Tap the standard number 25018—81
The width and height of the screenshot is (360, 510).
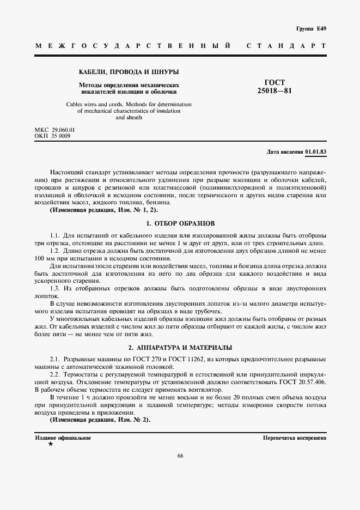[x=274, y=91]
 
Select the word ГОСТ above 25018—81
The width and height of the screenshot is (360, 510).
[x=274, y=82]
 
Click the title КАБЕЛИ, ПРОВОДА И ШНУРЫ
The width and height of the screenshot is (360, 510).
[x=129, y=72]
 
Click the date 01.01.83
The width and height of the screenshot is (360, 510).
[x=316, y=151]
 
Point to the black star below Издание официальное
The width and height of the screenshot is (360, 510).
[x=51, y=444]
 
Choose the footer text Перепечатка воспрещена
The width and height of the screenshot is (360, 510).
[x=294, y=438]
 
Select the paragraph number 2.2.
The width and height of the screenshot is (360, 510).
[x=55, y=376]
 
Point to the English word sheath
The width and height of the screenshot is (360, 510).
[x=129, y=118]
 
